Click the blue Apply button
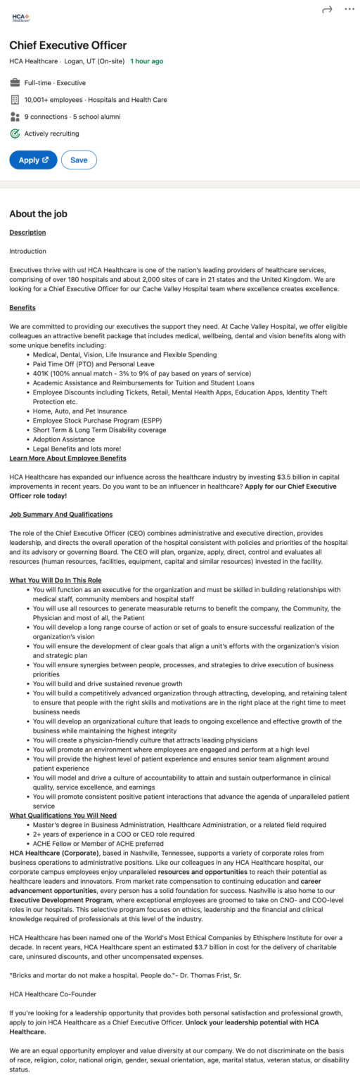pos(33,160)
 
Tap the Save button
pos(79,160)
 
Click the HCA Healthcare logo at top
pos(21,16)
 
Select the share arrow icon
pos(326,9)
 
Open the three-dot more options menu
pos(349,9)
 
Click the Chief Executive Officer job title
pos(67,45)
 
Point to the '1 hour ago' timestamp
pos(146,61)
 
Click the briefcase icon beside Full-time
pos(15,83)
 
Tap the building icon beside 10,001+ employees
pos(15,100)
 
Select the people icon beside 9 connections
pos(15,117)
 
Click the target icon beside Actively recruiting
pos(15,134)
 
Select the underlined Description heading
pos(27,232)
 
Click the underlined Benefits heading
pos(22,307)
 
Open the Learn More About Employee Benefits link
pos(67,458)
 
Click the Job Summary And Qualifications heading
pos(60,514)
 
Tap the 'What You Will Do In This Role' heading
pos(56,580)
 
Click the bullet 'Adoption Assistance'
pos(63,439)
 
